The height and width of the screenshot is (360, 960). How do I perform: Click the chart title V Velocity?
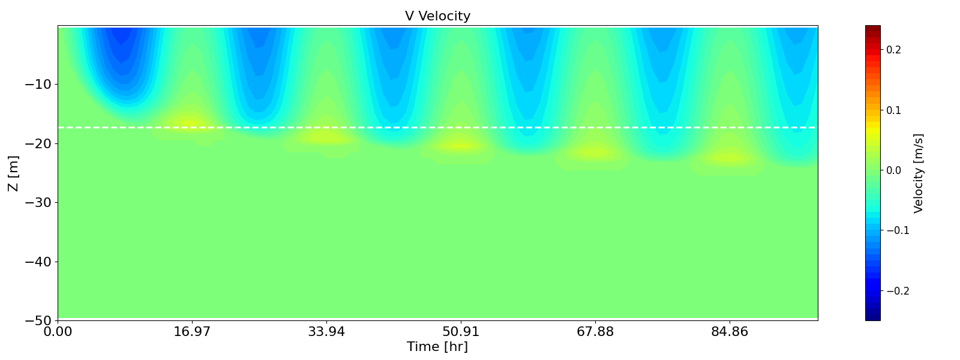pyautogui.click(x=437, y=16)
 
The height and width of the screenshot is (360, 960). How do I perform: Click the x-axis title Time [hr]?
pyautogui.click(x=437, y=347)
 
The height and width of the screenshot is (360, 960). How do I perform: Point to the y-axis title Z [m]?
pyautogui.click(x=13, y=173)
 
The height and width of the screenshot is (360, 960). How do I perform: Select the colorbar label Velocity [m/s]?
pyautogui.click(x=918, y=173)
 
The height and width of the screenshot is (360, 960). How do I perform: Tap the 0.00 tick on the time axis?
pyautogui.click(x=58, y=331)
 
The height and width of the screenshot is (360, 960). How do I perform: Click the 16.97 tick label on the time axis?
pyautogui.click(x=192, y=331)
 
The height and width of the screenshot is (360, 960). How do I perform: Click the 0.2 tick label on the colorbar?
pyautogui.click(x=893, y=50)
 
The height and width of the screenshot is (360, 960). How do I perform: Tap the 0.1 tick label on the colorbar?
pyautogui.click(x=893, y=110)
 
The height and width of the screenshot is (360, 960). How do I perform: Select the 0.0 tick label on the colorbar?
pyautogui.click(x=893, y=170)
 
